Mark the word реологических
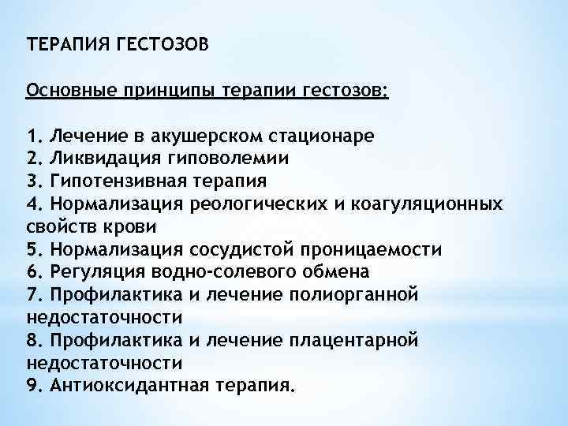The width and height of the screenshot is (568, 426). (252, 204)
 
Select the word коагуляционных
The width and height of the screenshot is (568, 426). (422, 204)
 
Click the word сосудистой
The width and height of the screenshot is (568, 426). (241, 249)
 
